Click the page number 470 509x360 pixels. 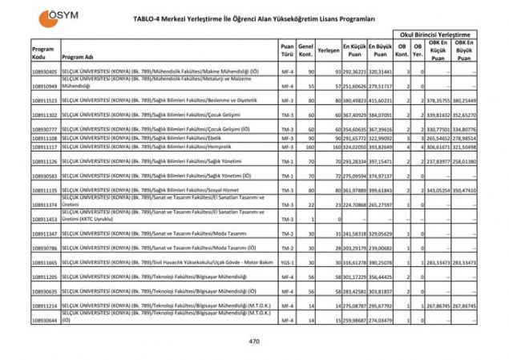click(254, 342)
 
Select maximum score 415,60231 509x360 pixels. click(379, 101)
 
